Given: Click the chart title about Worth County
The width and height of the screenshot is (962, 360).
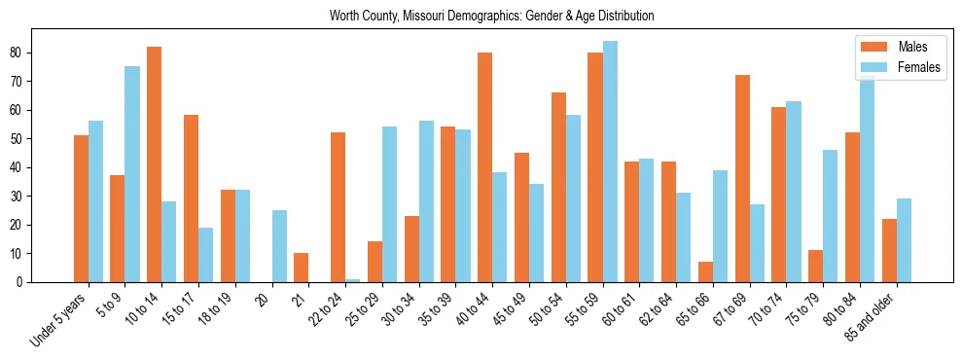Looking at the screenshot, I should tap(491, 16).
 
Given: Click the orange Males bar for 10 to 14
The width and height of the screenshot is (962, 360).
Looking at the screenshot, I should tap(154, 164).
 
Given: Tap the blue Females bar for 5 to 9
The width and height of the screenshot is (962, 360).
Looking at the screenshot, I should tap(132, 174).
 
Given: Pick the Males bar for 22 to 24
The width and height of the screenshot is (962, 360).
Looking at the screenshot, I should tap(338, 207).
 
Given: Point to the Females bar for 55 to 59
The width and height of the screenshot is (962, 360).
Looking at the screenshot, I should tap(610, 162).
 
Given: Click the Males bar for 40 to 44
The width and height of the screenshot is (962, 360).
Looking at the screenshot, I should tap(484, 167).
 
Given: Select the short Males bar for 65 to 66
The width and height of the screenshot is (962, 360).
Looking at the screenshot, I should tap(705, 272).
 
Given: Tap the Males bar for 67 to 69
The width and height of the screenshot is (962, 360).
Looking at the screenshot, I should tap(742, 179).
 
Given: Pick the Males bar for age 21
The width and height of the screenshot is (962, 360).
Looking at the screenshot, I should tap(301, 268).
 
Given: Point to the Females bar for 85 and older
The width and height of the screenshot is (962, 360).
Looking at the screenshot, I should tap(904, 240).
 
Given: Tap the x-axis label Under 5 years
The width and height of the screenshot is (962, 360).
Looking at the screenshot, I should tap(60, 321).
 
